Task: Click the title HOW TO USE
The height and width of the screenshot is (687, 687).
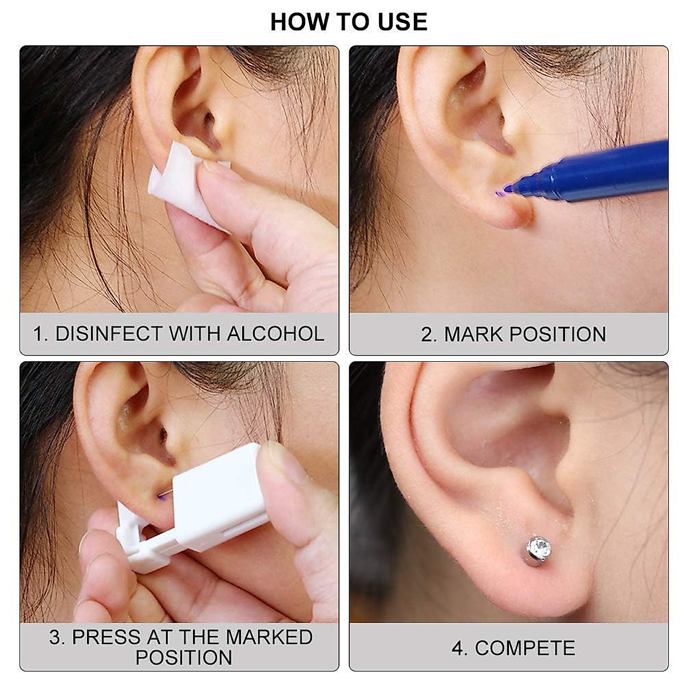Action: [349, 22]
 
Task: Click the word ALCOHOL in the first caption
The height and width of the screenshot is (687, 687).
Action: [275, 334]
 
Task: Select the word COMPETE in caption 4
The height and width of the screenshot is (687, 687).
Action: [525, 648]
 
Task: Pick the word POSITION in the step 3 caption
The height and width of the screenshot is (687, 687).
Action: [184, 658]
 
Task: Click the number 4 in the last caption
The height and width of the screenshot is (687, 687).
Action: [457, 648]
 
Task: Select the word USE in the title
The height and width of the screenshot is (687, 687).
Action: [402, 22]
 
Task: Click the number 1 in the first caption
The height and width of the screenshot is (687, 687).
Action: [38, 334]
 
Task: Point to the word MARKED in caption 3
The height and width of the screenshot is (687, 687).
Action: [269, 637]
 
